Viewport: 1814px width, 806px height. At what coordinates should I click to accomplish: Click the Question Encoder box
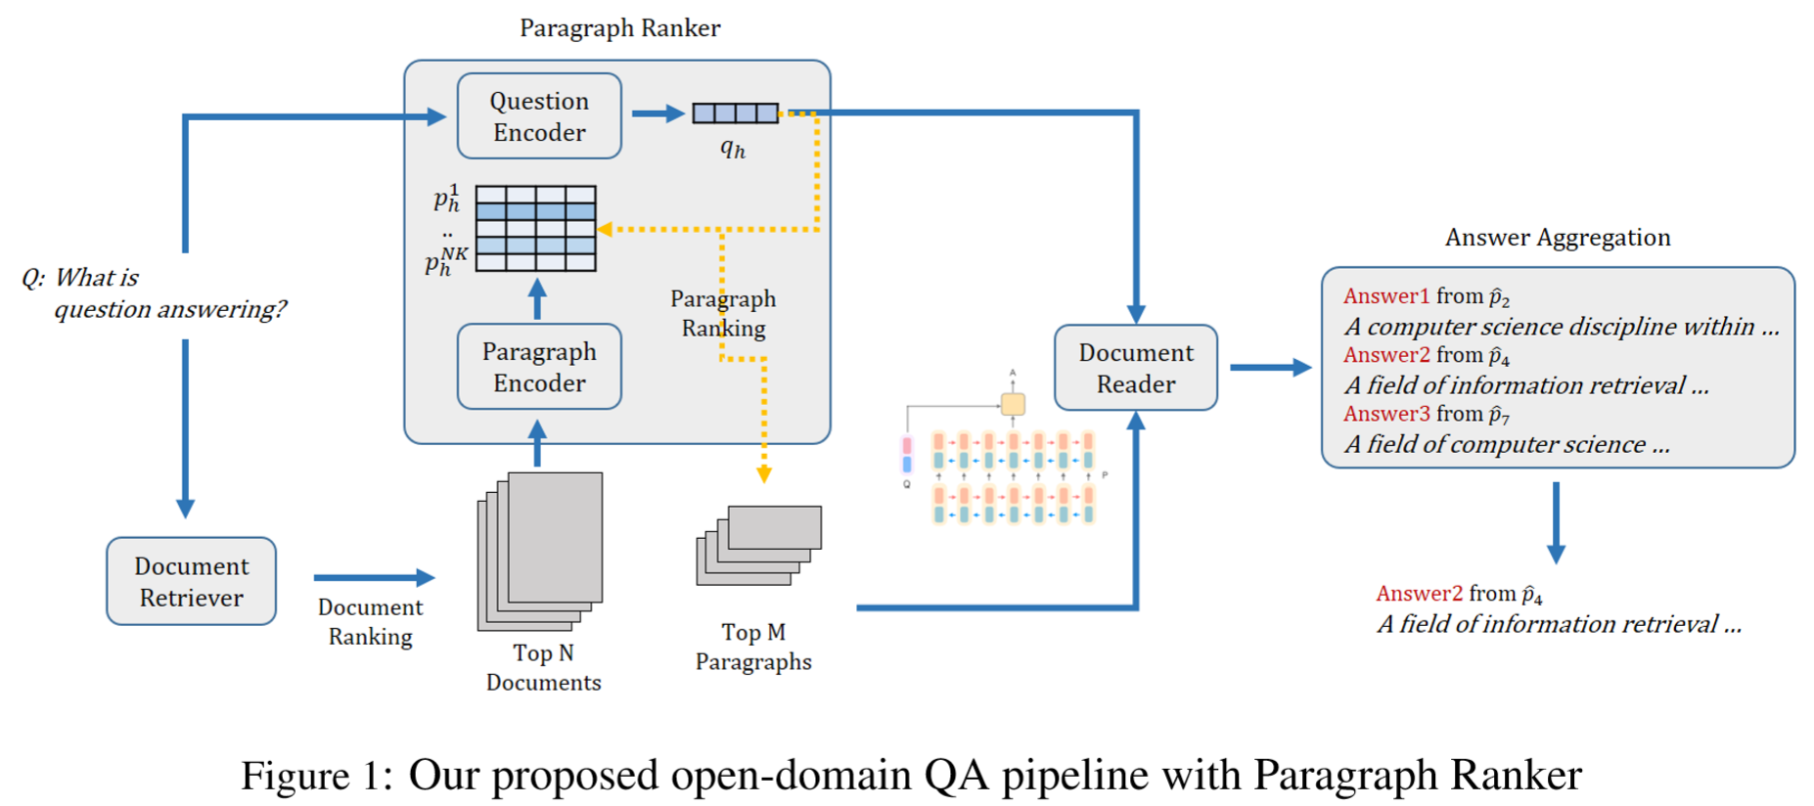pos(539,116)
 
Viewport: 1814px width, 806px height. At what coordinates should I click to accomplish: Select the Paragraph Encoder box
pos(539,367)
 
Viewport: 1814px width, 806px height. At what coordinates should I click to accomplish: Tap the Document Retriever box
pos(192,581)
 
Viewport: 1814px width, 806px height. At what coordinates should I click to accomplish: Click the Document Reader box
pos(1136,368)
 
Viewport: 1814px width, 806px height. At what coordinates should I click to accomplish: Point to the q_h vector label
pos(733,149)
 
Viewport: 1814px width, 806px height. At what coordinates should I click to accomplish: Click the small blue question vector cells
pos(736,113)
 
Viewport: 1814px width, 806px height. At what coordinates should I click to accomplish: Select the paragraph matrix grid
pos(536,229)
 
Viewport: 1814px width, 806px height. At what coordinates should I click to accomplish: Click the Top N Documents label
pos(544,667)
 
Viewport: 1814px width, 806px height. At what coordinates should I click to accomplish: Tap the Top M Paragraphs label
pos(753,647)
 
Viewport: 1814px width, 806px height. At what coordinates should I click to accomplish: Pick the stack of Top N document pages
pos(541,552)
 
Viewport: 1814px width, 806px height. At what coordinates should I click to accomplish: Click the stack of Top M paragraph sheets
pos(759,545)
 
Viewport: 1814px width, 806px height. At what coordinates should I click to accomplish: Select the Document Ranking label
pos(370,622)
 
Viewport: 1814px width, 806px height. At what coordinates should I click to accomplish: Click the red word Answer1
pos(1385,296)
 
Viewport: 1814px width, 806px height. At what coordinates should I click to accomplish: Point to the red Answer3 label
pos(1385,414)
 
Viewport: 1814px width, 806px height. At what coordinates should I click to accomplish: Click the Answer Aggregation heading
pos(1558,238)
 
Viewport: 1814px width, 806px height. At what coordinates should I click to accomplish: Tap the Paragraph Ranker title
pos(619,28)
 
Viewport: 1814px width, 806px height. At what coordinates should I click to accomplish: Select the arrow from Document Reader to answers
pos(1270,368)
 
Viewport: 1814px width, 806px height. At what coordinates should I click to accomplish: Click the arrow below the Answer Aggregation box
pos(1556,523)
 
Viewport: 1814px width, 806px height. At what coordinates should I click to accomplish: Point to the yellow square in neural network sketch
pos(1013,404)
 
